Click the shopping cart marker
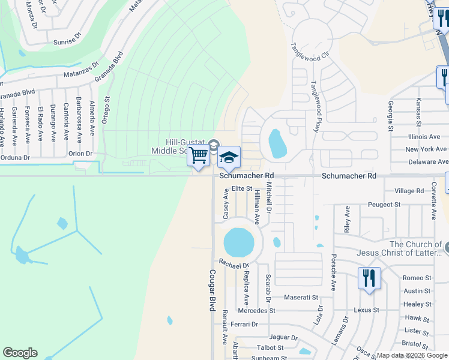pos(198,155)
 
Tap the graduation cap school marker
pos(229,157)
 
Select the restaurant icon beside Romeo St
pos(369,278)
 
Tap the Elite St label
pos(242,188)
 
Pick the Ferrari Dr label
pos(244,325)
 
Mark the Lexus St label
pos(367,310)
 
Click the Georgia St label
pos(390,116)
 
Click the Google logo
pos(20,353)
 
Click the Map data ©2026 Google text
pos(412,355)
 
